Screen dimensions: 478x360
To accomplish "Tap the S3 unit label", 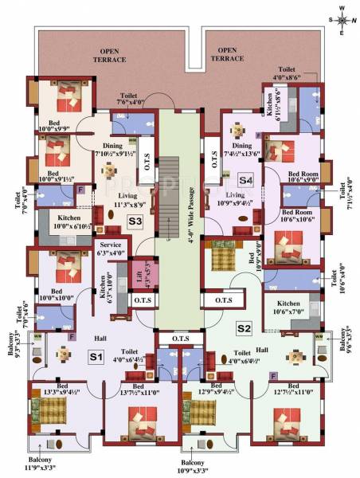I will pos(135,221).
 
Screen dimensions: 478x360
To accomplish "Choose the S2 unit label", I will pos(243,327).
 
